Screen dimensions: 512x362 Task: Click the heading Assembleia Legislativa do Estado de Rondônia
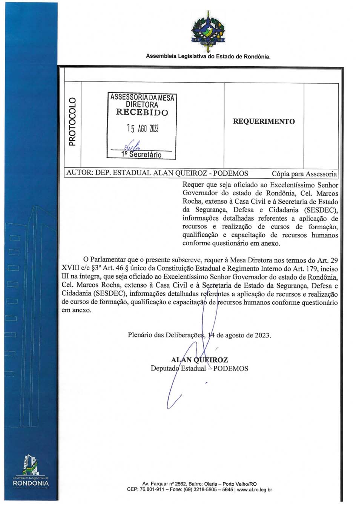[208, 57]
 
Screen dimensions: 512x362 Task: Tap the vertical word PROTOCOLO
[72, 121]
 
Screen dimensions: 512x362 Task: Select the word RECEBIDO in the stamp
[142, 112]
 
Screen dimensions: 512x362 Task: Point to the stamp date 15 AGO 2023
[142, 129]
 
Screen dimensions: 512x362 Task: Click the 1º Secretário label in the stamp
[141, 155]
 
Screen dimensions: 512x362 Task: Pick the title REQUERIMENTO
[264, 121]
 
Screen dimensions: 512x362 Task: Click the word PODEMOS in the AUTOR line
[230, 173]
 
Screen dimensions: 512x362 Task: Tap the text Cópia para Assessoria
[304, 174]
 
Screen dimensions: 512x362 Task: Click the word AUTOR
[79, 173]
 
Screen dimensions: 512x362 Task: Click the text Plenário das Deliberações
[166, 335]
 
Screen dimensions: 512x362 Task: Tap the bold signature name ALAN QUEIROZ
[199, 360]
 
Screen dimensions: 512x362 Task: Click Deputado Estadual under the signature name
[178, 368]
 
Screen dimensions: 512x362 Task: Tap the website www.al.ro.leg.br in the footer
[254, 490]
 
